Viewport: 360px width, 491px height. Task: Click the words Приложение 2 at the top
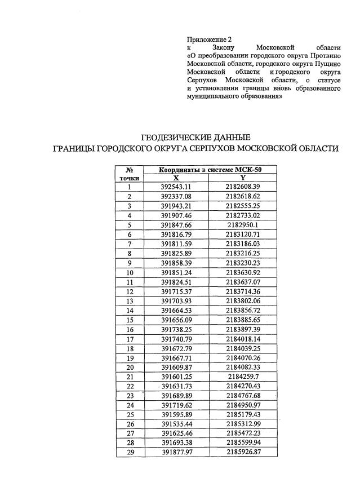(209, 39)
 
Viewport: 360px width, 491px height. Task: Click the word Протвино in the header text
(324, 56)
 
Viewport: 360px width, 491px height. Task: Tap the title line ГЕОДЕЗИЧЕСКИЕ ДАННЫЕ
(194, 138)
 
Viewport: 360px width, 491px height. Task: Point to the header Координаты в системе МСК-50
(210, 169)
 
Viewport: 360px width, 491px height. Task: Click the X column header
(176, 178)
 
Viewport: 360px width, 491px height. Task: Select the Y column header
(243, 178)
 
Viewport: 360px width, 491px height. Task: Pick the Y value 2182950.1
(243, 224)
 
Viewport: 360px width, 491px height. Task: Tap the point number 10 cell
(129, 272)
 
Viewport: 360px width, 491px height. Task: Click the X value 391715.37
(176, 291)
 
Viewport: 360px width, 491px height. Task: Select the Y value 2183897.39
(243, 329)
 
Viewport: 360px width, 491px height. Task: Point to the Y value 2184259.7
(243, 377)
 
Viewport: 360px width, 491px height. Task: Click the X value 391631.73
(176, 386)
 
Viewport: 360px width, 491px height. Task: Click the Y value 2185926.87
(243, 452)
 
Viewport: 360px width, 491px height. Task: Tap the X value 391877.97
(176, 452)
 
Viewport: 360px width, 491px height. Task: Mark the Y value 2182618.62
(243, 196)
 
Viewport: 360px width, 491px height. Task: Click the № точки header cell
(129, 173)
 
